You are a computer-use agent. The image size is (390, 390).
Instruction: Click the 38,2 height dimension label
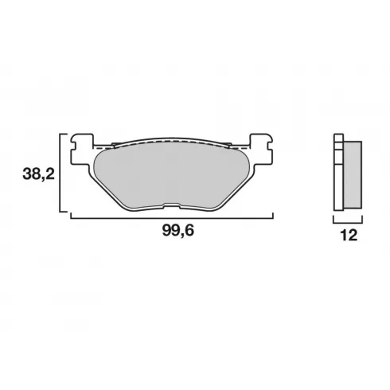(x=38, y=174)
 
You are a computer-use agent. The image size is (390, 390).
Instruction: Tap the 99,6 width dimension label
(x=178, y=231)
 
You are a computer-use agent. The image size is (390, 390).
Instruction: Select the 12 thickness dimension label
(x=349, y=235)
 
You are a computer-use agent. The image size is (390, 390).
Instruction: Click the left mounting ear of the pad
(x=82, y=149)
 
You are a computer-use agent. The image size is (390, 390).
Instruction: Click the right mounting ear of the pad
(x=262, y=149)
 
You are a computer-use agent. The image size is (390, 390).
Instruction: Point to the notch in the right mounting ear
(x=271, y=146)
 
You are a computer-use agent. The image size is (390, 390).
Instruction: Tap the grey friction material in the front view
(x=172, y=175)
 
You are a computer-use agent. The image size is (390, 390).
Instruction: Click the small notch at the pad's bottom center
(x=171, y=205)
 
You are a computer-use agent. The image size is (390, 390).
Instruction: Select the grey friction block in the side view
(x=352, y=174)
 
